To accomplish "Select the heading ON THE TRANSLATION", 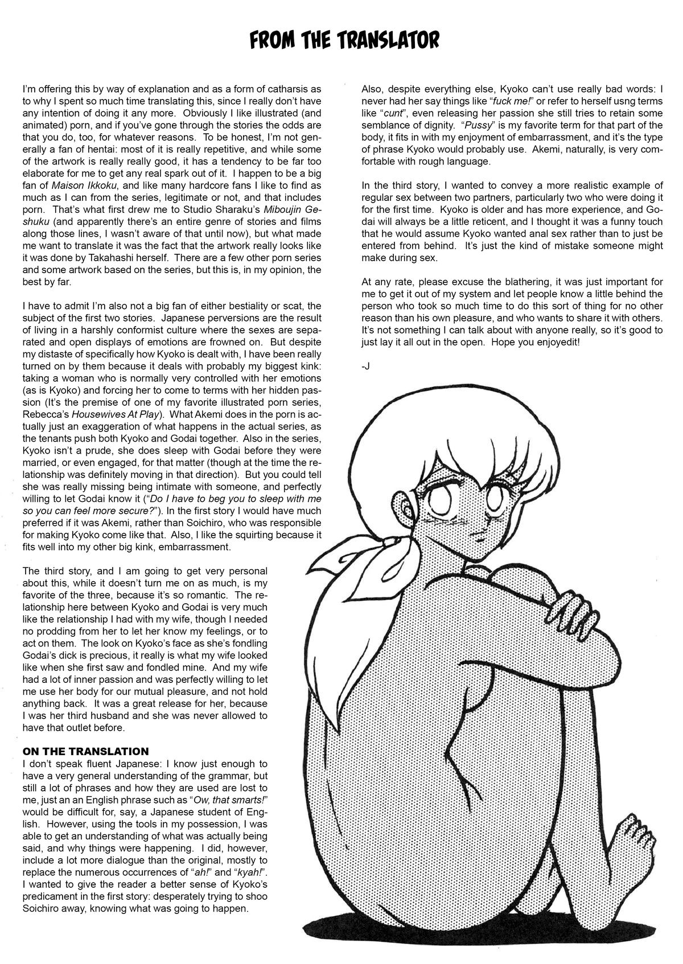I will [85, 751].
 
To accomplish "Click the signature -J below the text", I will [365, 366].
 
